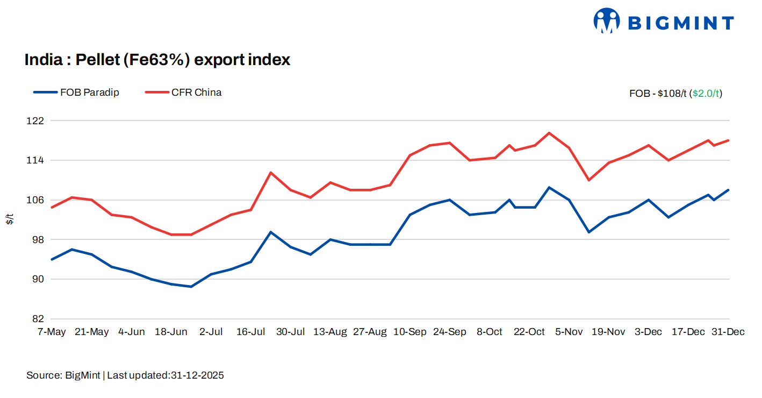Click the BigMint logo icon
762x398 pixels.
(x=607, y=21)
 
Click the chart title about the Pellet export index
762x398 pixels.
(x=157, y=60)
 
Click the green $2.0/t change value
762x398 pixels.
(x=707, y=94)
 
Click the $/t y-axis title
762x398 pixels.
(x=10, y=219)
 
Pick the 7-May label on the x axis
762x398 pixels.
(x=52, y=332)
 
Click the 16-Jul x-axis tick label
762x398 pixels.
(x=250, y=332)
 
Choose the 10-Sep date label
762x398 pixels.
(x=409, y=332)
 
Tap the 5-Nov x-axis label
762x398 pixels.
(x=569, y=332)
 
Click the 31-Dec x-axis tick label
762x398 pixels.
(x=728, y=332)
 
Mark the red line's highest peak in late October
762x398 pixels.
(x=549, y=133)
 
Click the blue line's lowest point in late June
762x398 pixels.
(x=191, y=287)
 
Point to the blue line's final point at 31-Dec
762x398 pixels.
(x=728, y=190)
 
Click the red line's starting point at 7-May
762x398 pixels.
(x=52, y=207)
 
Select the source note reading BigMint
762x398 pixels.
(x=125, y=375)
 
